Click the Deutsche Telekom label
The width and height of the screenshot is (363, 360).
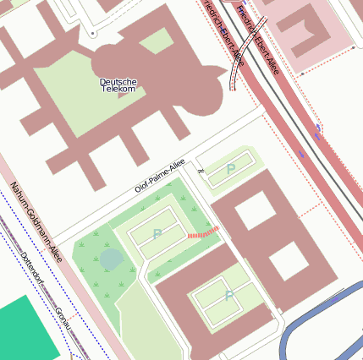118,85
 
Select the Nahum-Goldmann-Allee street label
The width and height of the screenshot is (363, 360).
36,224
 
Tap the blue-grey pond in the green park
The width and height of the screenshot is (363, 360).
111,259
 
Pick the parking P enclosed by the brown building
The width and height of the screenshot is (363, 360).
228,296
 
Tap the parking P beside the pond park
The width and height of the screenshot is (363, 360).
157,233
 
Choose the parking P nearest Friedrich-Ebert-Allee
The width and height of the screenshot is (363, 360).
231,169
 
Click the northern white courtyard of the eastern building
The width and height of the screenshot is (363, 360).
255,211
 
